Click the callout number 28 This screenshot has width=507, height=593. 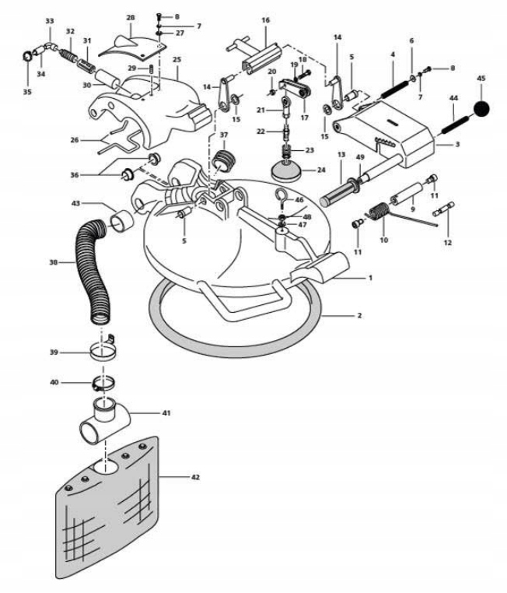pos(131,16)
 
